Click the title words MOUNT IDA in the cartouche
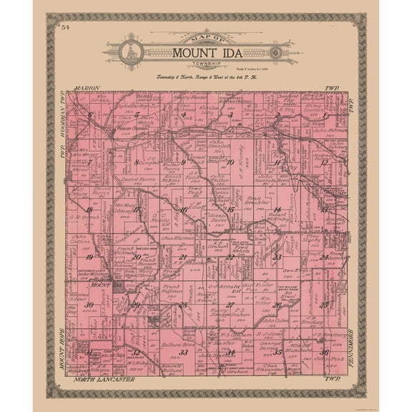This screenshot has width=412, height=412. [x=205, y=52]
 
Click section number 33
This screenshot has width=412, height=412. [x=183, y=352]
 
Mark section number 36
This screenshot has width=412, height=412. [x=324, y=351]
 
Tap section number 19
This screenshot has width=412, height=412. [x=89, y=256]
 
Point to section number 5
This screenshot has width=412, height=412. [x=136, y=114]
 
